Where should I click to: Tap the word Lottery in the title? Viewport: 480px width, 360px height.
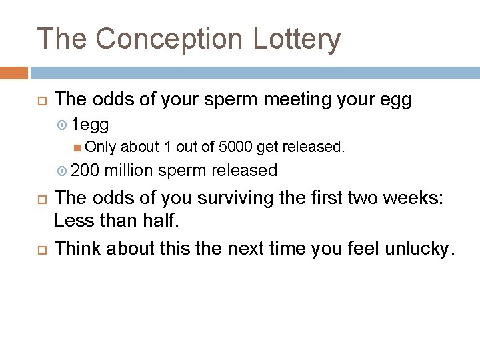(x=297, y=39)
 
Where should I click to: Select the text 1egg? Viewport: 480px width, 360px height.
(x=90, y=125)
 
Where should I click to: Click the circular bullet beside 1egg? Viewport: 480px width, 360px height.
(x=63, y=125)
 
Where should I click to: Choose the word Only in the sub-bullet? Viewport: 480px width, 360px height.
(x=101, y=147)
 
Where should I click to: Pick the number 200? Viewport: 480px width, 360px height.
(x=85, y=171)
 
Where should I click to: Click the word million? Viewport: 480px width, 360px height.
(x=130, y=171)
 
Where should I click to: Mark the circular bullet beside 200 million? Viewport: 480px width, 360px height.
(x=63, y=171)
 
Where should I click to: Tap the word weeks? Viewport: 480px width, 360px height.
(x=416, y=199)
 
